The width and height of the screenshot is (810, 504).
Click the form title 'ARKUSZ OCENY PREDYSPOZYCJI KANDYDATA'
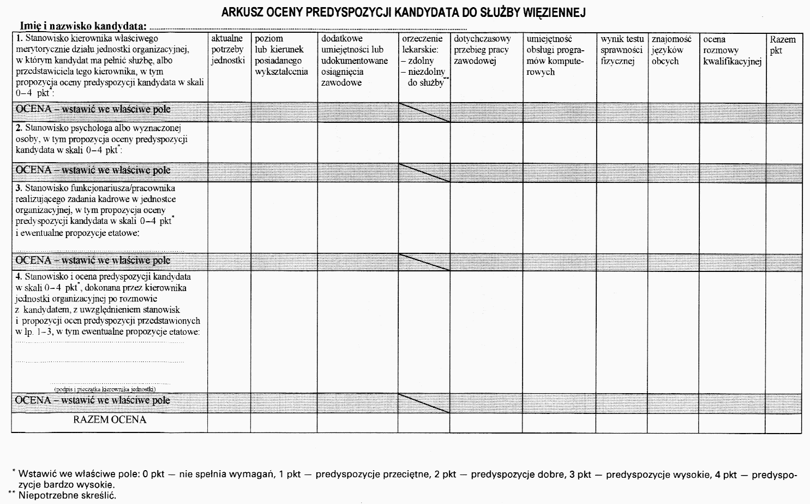point(403,13)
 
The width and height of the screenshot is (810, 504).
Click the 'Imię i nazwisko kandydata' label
point(83,26)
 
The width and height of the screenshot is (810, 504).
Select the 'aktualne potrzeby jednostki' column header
point(228,50)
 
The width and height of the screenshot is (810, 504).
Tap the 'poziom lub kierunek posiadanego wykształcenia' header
point(281,55)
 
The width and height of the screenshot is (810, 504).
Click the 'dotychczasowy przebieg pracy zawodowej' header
point(482,50)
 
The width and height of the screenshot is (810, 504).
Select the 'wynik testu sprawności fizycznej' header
point(622,50)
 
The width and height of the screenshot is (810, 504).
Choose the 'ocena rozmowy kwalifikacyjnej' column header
point(731,50)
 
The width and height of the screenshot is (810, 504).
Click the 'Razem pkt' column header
point(782,45)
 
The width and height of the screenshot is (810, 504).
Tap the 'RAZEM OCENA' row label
point(110,420)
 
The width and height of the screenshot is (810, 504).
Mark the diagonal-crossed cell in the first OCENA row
point(424,112)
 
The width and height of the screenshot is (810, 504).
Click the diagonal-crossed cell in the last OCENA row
point(424,403)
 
